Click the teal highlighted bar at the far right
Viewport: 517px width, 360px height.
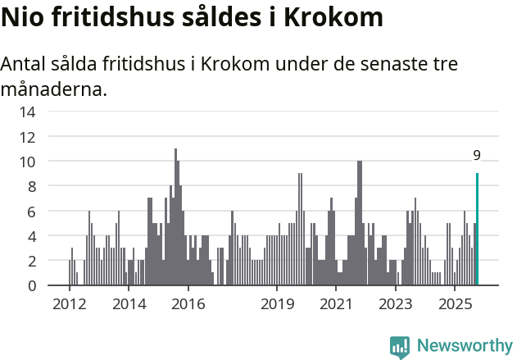(477, 230)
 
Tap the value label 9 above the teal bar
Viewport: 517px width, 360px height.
(477, 155)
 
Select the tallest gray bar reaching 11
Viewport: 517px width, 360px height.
(175, 217)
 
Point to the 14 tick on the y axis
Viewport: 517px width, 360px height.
(28, 112)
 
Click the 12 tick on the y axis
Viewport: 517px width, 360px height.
(28, 137)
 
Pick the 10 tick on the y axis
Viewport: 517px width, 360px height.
(28, 162)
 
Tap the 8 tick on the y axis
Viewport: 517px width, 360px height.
(31, 186)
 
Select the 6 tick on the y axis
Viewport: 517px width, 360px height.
(31, 212)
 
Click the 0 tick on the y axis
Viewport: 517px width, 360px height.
(31, 285)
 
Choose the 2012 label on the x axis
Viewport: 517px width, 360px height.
(69, 305)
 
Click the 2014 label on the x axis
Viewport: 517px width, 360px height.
(129, 305)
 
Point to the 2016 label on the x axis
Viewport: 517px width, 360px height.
(188, 305)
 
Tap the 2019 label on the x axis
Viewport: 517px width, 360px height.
(277, 305)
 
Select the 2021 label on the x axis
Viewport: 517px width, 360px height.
(337, 305)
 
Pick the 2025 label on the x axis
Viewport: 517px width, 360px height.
(456, 305)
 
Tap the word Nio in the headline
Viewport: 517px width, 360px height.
(24, 18)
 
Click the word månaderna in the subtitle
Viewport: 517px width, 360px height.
(53, 89)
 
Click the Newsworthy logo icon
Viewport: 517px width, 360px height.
(400, 347)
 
